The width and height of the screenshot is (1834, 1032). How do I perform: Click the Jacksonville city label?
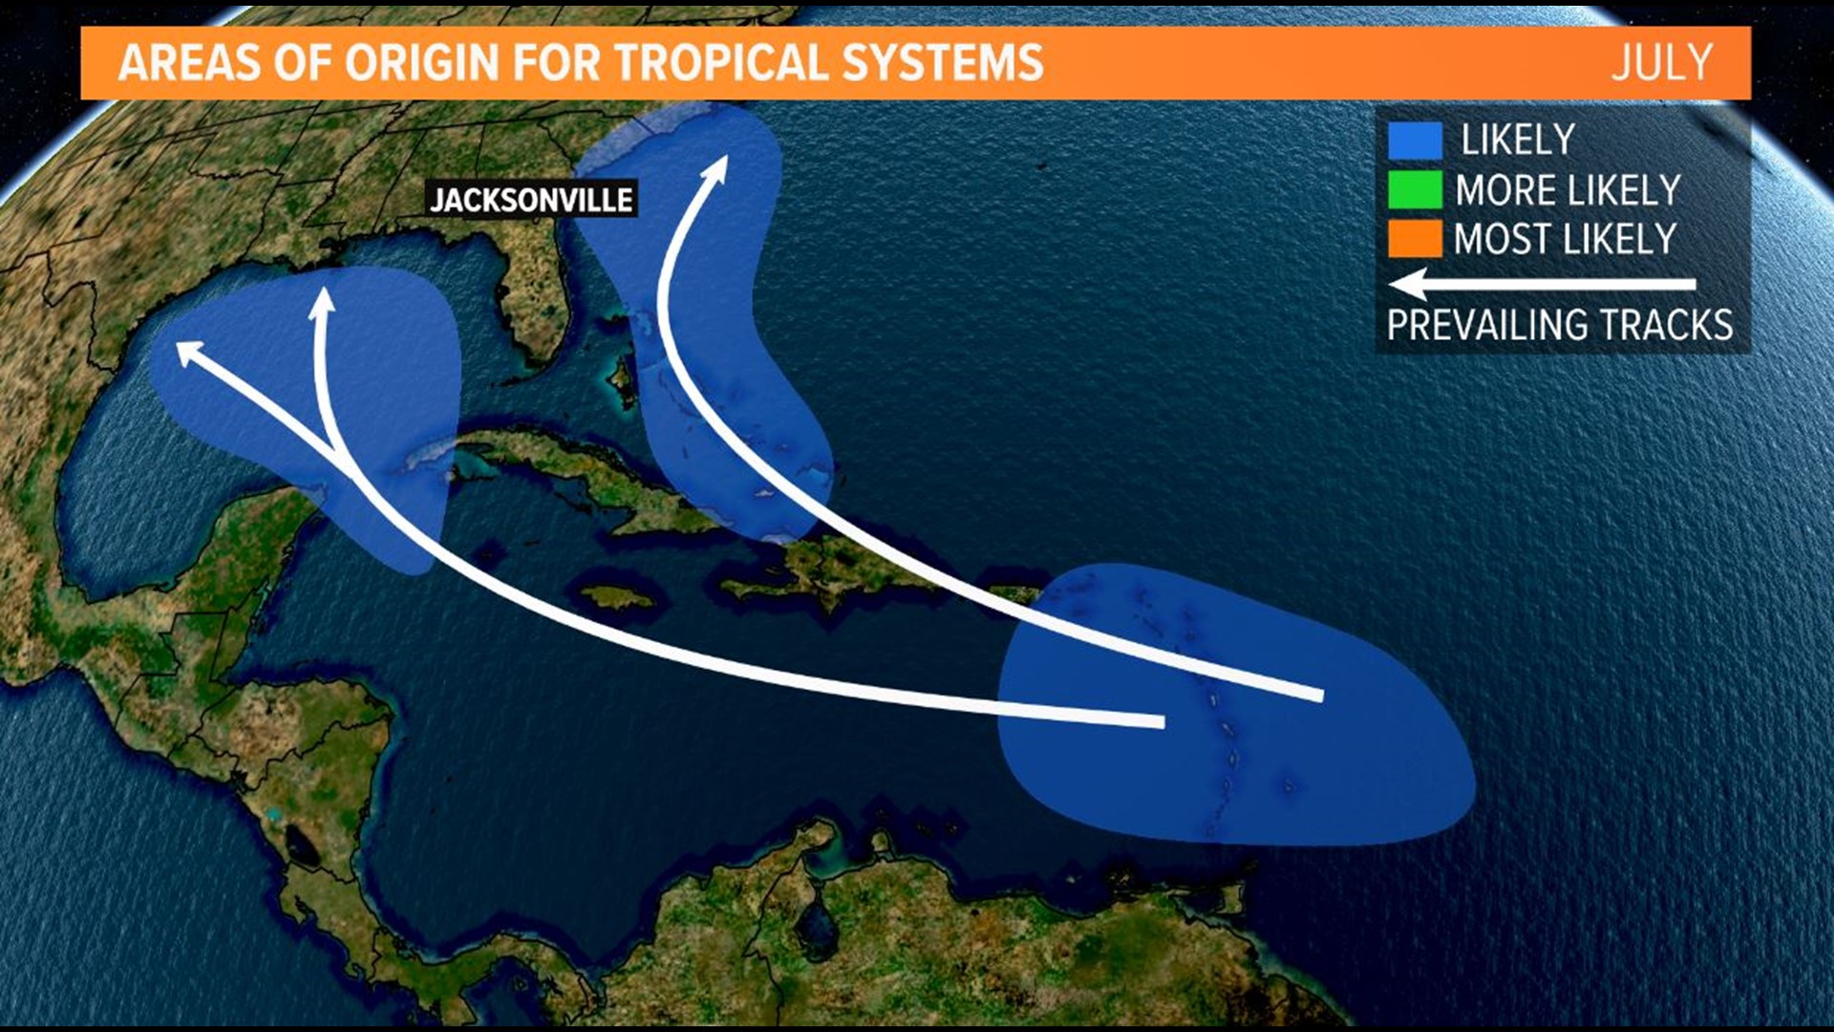pos(531,200)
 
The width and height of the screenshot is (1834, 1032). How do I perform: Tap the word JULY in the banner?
pos(1661,63)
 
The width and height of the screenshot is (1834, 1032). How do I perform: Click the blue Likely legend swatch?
pos(1415,140)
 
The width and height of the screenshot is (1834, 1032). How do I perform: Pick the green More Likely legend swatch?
pos(1415,189)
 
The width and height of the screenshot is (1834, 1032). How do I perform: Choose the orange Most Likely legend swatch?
pos(1415,239)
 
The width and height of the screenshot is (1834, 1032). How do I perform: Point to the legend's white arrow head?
pos(1406,284)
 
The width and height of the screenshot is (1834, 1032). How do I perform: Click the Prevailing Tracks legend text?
pos(1559,325)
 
